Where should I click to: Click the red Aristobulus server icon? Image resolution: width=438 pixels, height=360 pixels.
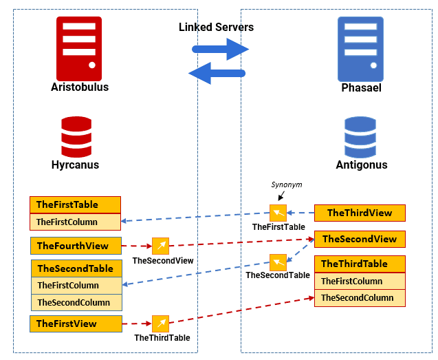(x=79, y=48)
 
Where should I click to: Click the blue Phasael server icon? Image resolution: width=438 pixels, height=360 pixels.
(x=360, y=49)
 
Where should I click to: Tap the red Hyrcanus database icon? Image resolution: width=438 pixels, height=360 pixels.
(x=76, y=138)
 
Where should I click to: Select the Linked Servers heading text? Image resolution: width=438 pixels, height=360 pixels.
(x=216, y=28)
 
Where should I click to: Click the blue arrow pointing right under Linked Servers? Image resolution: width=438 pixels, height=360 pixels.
(x=219, y=50)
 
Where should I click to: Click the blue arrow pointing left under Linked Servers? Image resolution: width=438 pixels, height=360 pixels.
(x=218, y=72)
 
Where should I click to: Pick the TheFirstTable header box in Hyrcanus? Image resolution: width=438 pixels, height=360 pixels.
(x=75, y=204)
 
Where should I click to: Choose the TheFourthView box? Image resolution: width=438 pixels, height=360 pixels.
(x=76, y=246)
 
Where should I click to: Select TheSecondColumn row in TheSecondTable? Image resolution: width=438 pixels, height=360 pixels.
(x=76, y=302)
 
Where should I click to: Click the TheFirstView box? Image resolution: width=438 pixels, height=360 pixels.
(x=76, y=324)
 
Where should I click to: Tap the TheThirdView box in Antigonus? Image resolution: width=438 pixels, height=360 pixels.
(x=360, y=213)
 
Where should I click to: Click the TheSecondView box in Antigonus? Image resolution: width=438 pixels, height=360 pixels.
(x=360, y=239)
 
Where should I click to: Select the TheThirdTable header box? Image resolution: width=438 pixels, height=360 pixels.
(x=360, y=264)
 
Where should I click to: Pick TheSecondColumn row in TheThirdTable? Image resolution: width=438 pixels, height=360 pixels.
(x=360, y=298)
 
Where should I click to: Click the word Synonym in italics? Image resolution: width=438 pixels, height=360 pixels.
(x=286, y=185)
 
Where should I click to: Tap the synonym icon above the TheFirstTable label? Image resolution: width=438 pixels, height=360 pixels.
(x=278, y=213)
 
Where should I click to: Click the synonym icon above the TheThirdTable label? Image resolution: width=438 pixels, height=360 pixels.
(x=160, y=324)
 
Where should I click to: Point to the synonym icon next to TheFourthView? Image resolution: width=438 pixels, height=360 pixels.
(x=160, y=246)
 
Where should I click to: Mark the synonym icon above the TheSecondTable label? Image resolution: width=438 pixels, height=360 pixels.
(x=278, y=262)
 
